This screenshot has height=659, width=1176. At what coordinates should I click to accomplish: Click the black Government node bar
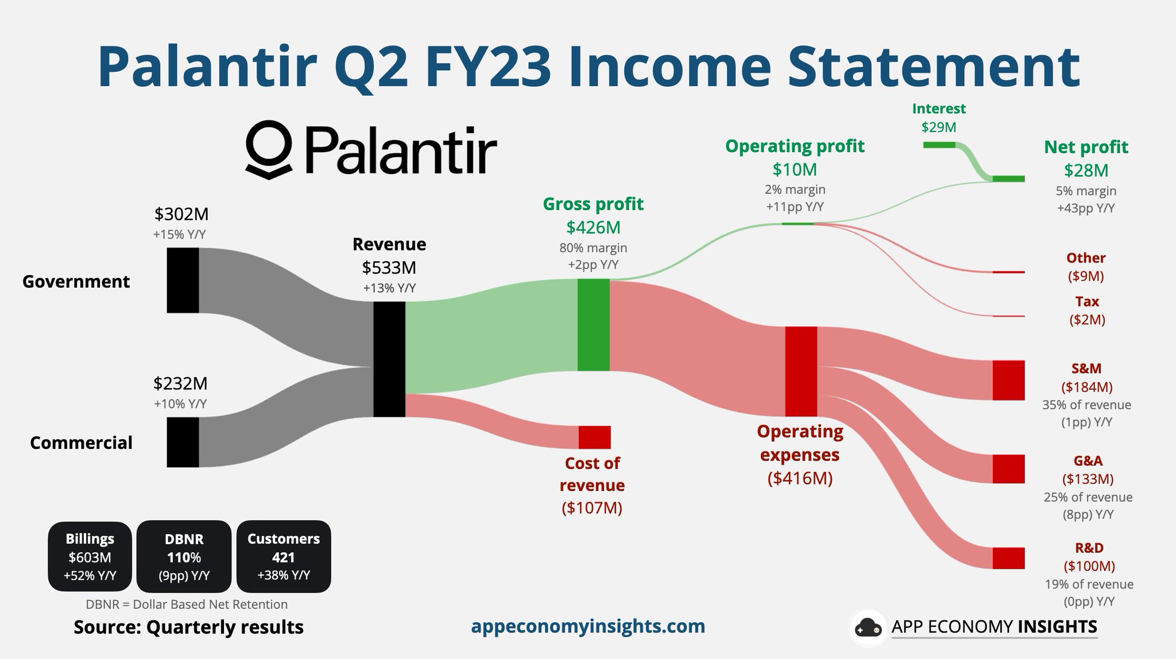pos(183,280)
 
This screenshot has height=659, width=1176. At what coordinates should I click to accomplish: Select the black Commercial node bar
pos(183,442)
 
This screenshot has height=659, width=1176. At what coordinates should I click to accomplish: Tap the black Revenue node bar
pos(389,359)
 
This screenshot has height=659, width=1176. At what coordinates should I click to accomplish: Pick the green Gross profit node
pos(593,325)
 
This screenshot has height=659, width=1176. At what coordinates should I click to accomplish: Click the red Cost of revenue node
pos(594,437)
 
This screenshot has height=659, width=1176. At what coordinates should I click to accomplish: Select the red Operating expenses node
pos(801,371)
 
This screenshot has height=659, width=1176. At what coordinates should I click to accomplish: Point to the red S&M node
pos(1009,380)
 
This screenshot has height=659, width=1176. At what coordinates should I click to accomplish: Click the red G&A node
pos(1009,469)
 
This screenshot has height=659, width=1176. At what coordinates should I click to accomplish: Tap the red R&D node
pos(1009,558)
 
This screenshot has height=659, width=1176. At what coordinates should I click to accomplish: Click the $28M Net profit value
pos(1086,170)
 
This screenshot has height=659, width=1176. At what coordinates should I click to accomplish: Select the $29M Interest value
pos(939,127)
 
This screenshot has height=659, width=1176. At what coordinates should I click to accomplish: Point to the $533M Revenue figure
pos(389,268)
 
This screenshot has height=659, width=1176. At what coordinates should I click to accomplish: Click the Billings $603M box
pos(90,557)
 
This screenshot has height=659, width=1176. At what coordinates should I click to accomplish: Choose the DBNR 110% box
pos(184,557)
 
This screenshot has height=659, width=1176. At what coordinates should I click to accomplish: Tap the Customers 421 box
pos(284,557)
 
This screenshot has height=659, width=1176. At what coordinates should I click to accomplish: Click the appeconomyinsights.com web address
pos(588,626)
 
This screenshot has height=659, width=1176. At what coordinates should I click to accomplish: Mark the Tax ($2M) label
pos(1087,311)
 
